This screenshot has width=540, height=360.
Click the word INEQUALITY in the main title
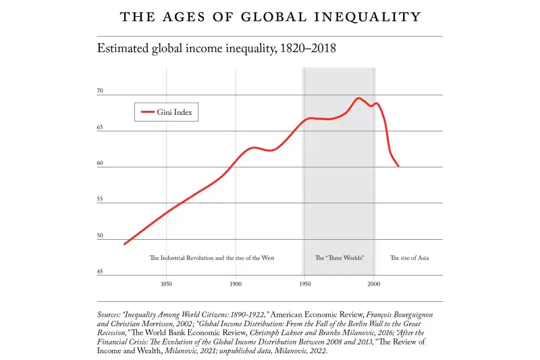click(x=365, y=18)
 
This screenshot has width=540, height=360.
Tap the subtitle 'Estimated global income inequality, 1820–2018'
click(x=217, y=49)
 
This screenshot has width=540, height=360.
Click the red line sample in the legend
click(x=146, y=112)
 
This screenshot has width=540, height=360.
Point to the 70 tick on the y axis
click(x=101, y=91)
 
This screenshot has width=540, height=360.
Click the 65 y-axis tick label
click(x=101, y=127)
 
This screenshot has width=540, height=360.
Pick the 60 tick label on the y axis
click(x=101, y=163)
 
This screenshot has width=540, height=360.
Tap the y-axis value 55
click(x=101, y=200)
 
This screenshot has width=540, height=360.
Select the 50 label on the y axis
click(x=101, y=236)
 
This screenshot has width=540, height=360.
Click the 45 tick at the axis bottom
click(x=101, y=272)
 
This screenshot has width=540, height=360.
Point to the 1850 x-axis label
click(x=166, y=284)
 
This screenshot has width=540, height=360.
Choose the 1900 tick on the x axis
click(x=236, y=284)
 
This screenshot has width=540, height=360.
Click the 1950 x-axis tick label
click(x=304, y=284)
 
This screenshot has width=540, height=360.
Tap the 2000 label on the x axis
click(x=374, y=284)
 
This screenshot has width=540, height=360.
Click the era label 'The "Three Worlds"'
click(x=340, y=258)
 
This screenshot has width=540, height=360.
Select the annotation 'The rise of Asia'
click(x=409, y=258)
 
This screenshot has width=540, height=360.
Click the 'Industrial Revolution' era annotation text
click(x=211, y=258)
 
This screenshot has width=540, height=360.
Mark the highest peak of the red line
click(x=358, y=98)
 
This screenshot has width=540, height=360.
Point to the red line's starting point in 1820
click(x=125, y=244)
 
